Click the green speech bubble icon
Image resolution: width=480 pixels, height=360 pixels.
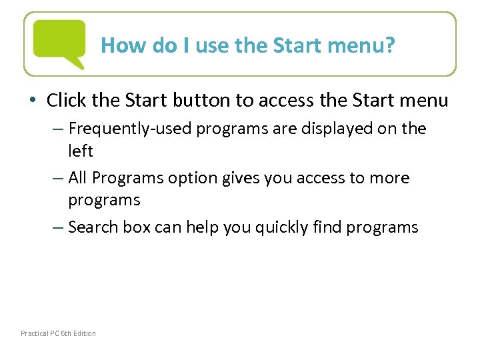59,41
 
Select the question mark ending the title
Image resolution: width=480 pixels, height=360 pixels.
391,45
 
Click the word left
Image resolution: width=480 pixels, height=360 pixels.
80,151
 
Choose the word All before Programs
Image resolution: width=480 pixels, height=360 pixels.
79,178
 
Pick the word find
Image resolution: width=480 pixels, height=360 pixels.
323,227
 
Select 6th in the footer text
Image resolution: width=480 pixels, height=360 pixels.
66,333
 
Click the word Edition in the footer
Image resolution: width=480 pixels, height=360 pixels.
85,333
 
